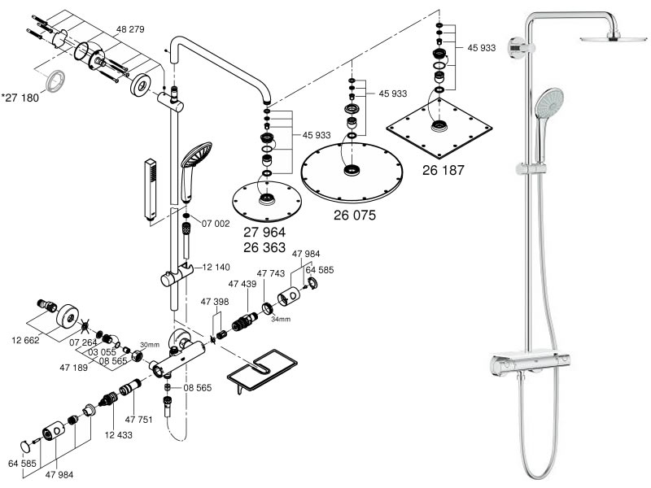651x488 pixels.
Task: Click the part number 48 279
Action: pos(130,29)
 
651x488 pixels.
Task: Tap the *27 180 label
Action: pos(20,98)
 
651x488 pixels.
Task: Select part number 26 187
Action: pos(443,170)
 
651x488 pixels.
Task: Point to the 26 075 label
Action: pos(355,215)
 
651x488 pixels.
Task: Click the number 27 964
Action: pos(264,232)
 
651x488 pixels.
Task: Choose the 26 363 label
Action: pos(264,248)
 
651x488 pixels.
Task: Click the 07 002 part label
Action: pos(216,224)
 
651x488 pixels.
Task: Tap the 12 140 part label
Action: pos(216,268)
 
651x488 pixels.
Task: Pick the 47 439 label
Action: pos(242,284)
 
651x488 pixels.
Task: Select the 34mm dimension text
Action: pos(281,319)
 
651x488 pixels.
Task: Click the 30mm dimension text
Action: pos(150,345)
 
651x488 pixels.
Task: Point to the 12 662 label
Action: pos(25,340)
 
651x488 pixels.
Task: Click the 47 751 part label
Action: pos(138,420)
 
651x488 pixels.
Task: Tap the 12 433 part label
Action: pos(118,435)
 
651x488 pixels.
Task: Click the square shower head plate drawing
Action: pos(439,128)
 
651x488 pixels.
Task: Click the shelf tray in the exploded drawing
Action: pos(263,373)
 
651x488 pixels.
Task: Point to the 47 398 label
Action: pos(215,302)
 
